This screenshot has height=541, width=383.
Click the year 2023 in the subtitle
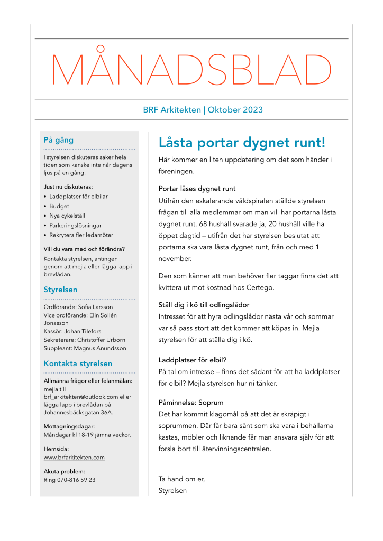253,110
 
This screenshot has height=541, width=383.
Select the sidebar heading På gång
59,141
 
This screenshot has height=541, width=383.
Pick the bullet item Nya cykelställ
67,216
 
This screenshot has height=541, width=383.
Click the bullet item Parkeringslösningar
75,225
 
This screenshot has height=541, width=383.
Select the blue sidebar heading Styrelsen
60,290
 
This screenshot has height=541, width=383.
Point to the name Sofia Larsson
95,307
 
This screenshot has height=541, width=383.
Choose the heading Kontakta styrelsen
78,364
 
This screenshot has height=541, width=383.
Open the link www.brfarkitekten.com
74,458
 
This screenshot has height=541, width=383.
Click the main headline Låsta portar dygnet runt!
242,143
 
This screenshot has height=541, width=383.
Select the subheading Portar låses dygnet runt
197,189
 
